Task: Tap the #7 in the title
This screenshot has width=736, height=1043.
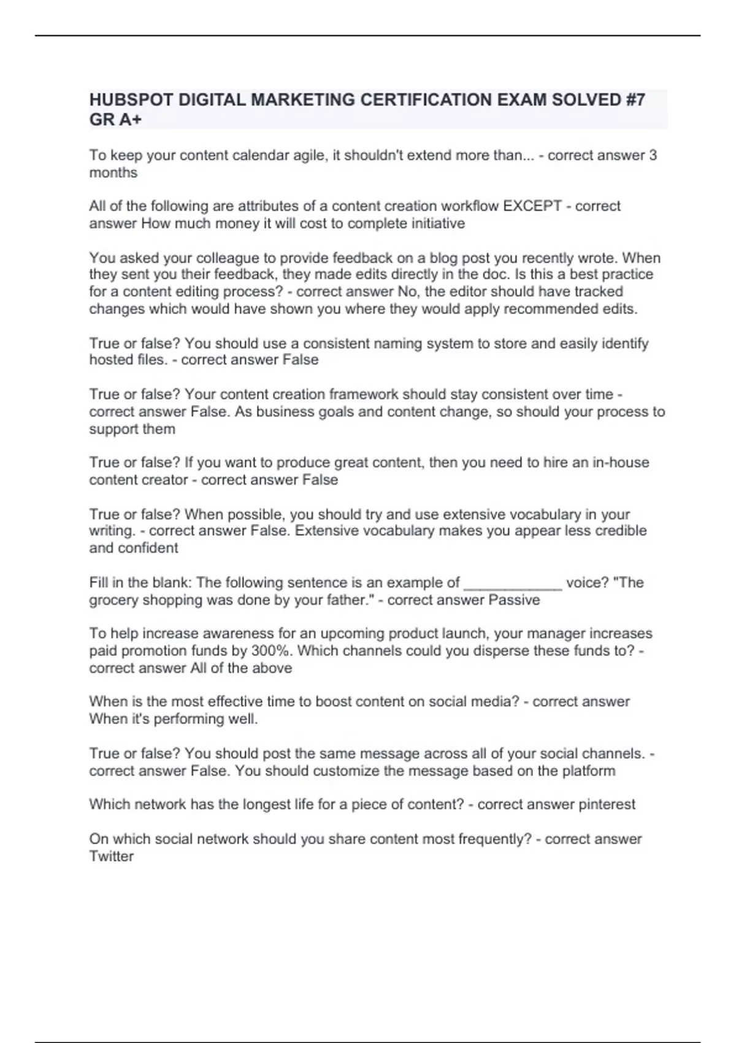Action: pyautogui.click(x=635, y=100)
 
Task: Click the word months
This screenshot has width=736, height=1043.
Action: pyautogui.click(x=113, y=173)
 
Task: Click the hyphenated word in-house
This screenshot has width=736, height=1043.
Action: pyautogui.click(x=621, y=463)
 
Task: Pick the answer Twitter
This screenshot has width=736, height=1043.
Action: pyautogui.click(x=111, y=856)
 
